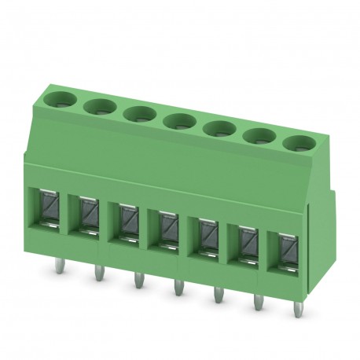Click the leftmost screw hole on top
58,99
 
